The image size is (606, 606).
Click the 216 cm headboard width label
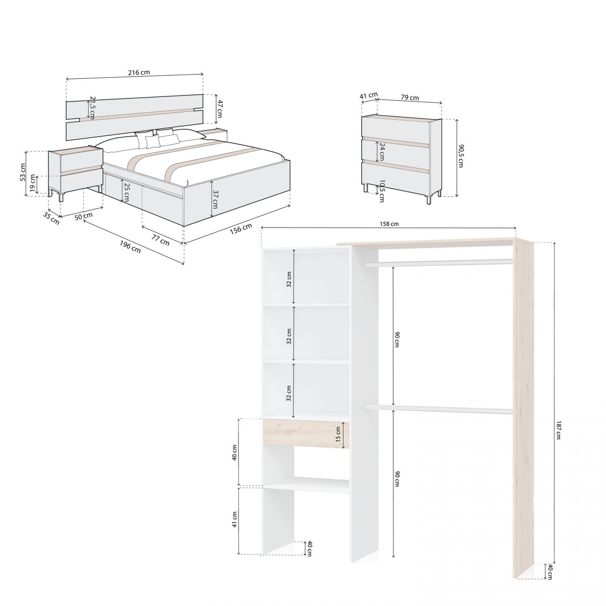tap(139, 72)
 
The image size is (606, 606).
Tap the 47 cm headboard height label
tap(220, 109)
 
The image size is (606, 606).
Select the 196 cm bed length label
tap(130, 247)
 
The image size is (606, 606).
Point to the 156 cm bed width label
tap(241, 228)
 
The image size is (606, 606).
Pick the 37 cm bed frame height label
tap(215, 200)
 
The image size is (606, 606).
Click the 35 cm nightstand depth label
tap(51, 218)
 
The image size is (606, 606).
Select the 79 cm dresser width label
tap(410, 97)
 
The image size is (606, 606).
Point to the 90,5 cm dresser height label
tap(461, 156)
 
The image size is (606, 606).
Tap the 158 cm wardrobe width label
tap(389, 224)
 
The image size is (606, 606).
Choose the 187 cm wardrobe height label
tap(558, 430)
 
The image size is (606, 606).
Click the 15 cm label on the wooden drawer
tap(338, 434)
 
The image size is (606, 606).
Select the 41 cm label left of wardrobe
tap(234, 519)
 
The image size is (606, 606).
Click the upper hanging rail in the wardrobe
tap(439, 262)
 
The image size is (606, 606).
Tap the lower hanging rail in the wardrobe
tap(439, 408)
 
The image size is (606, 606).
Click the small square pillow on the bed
tap(152, 142)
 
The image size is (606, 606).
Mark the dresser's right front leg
tap(428, 200)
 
